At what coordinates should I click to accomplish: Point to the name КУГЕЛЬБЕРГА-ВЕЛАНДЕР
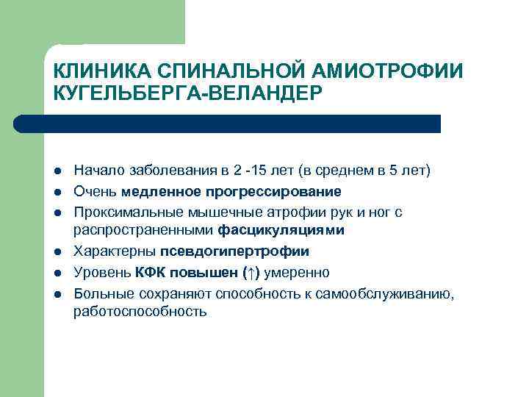click(187, 93)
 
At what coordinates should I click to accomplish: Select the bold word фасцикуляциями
click(281, 231)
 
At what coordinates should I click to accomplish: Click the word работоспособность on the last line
click(140, 312)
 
